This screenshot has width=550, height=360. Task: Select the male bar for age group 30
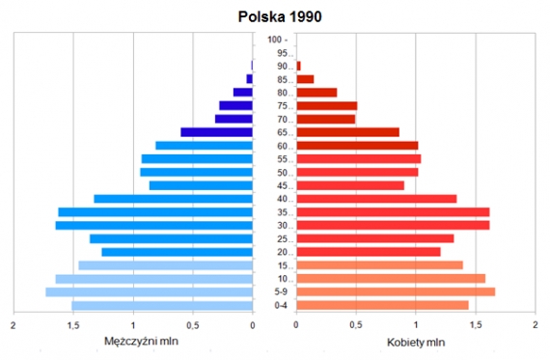[154, 225]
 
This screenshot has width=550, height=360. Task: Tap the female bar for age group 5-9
[396, 291]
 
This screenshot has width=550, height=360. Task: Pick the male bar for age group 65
[217, 132]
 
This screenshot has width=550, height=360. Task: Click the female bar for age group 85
[305, 79]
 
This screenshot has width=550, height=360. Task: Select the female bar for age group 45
[350, 185]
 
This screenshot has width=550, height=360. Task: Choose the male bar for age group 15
[165, 265]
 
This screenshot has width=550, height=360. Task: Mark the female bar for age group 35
[393, 212]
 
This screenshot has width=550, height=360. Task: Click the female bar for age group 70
[326, 119]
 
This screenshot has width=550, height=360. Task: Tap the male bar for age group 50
[197, 172]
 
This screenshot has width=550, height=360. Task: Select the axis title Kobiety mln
[416, 341]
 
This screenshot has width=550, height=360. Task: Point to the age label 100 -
[277, 40]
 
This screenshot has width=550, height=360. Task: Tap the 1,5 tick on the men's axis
[73, 325]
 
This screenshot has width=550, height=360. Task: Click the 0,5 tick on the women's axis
[356, 325]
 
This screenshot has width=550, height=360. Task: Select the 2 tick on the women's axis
[535, 325]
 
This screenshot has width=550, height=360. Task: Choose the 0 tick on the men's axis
[253, 325]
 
